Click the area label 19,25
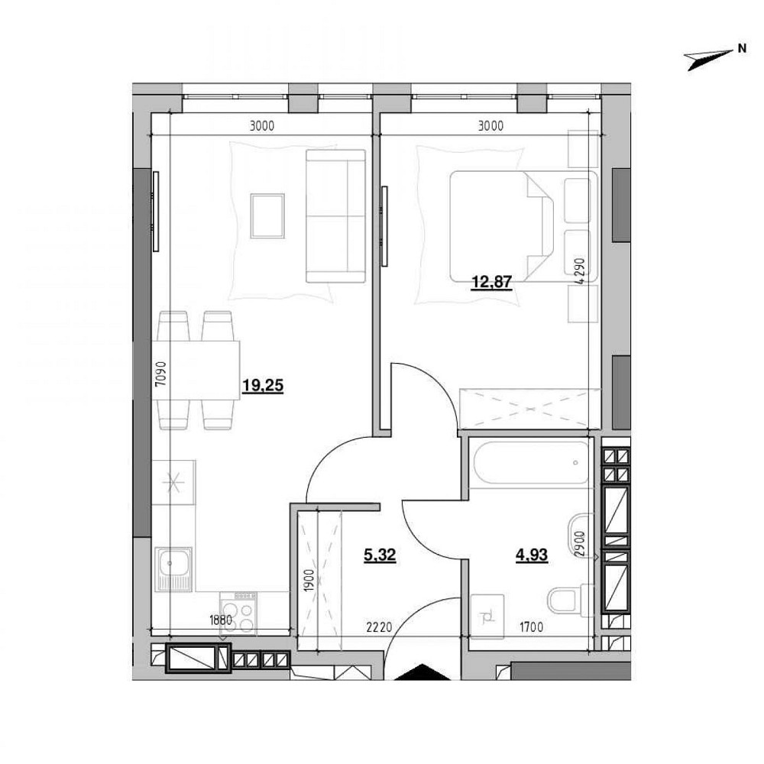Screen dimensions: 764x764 (x=262, y=387)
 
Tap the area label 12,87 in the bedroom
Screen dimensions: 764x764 (x=490, y=281)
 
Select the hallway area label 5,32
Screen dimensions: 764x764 (x=380, y=555)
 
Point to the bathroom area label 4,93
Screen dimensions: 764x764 (x=532, y=555)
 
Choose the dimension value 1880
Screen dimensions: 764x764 (x=220, y=620)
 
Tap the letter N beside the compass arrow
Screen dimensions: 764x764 (x=741, y=48)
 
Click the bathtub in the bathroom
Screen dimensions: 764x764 (x=529, y=463)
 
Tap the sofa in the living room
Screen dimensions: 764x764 (x=335, y=216)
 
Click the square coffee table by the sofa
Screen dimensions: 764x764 (x=267, y=215)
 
